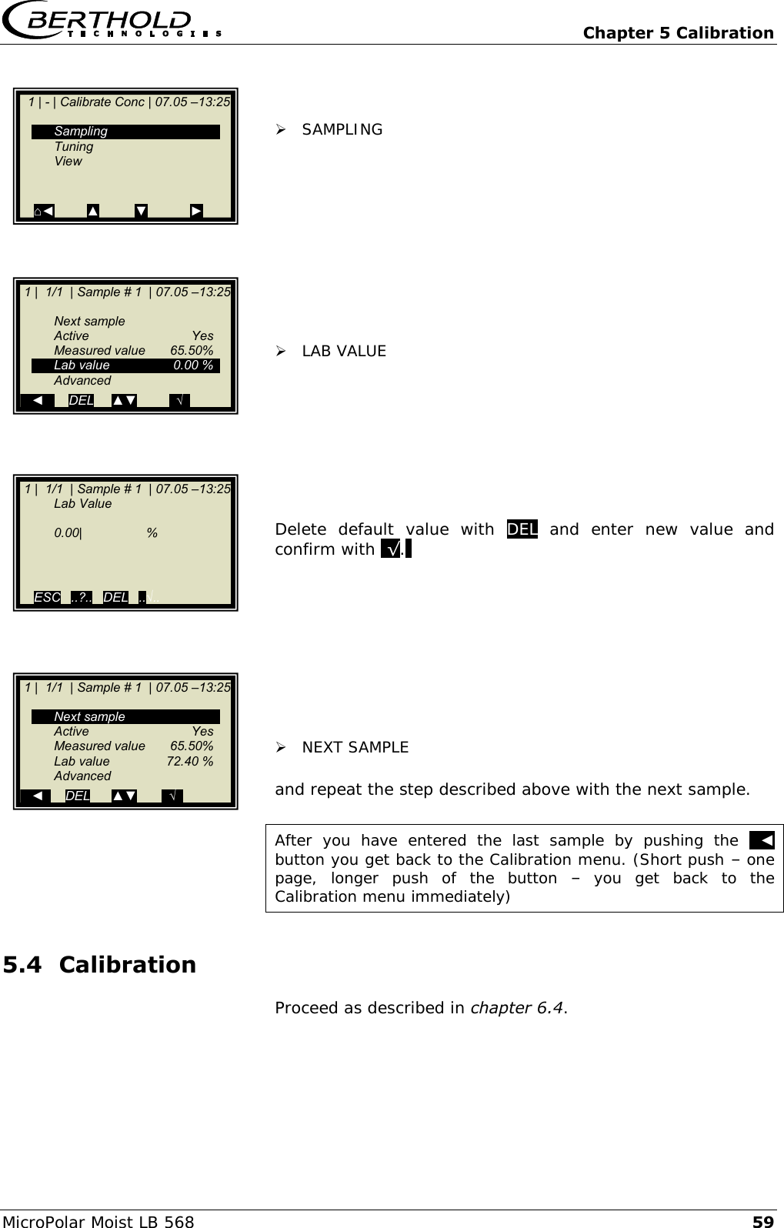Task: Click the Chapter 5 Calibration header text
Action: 678,32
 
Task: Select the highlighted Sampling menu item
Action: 125,132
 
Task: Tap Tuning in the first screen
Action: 74,146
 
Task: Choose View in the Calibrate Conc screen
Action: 68,161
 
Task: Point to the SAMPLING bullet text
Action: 342,129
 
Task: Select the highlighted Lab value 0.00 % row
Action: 125,365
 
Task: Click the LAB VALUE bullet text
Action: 344,351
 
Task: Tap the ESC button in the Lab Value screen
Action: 47,597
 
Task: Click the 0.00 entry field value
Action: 68,532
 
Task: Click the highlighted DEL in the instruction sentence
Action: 522,529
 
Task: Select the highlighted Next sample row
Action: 125,716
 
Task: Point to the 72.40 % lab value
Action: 190,761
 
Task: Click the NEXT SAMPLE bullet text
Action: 355,747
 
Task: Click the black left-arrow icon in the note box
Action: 762,840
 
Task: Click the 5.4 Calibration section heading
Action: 100,964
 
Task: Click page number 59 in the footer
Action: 762,1221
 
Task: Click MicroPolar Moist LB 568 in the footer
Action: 98,1221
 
